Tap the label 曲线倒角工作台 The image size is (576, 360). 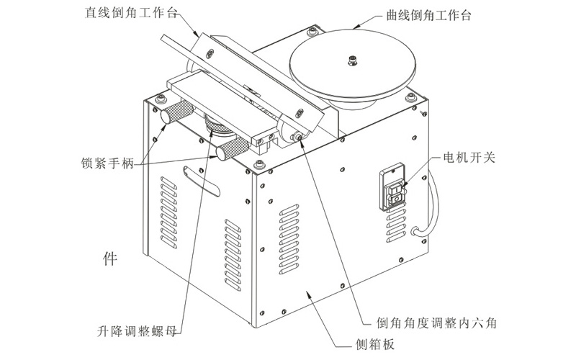(x=425, y=14)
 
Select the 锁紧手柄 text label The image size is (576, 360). (x=104, y=163)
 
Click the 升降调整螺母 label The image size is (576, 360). (x=138, y=333)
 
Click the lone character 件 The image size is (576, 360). (x=110, y=256)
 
